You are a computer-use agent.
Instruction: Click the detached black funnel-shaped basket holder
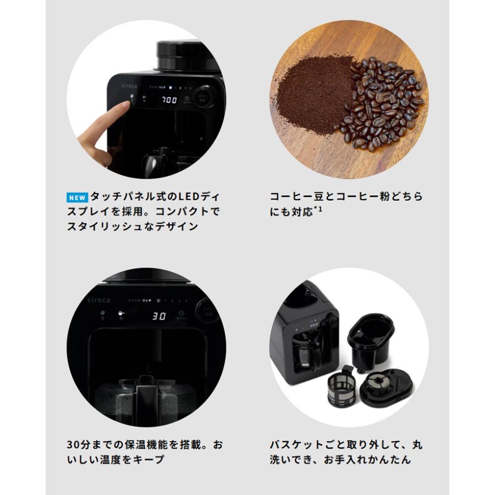click(x=371, y=336)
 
